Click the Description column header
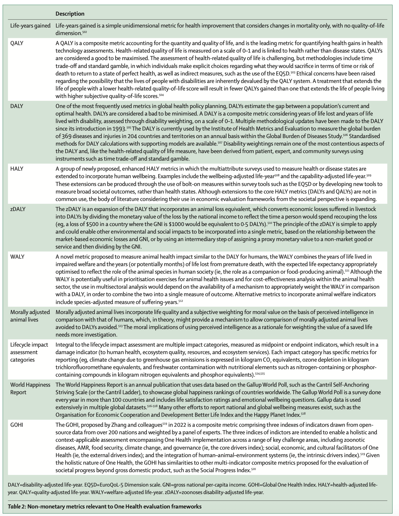(70, 14)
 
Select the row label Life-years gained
(30, 26)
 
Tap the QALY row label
(17, 43)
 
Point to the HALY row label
(17, 169)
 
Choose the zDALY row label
(18, 209)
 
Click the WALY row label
(17, 257)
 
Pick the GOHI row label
(17, 425)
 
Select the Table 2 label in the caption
(16, 506)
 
